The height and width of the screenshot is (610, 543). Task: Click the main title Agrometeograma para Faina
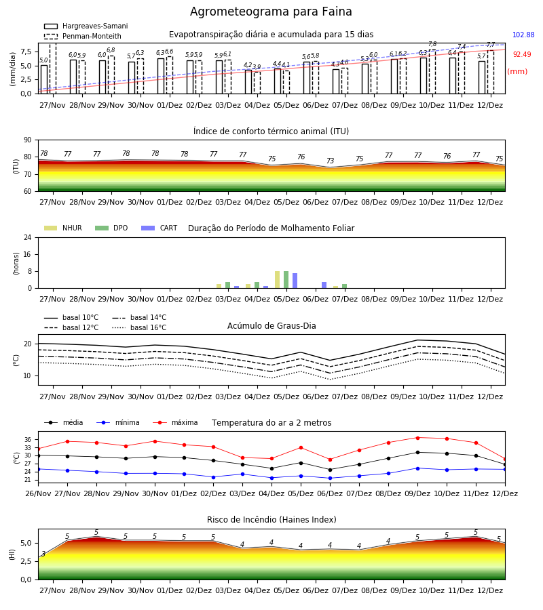click(x=271, y=12)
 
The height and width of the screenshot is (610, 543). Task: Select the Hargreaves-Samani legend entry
click(x=86, y=26)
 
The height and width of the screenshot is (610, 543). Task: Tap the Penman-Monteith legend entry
click(x=83, y=36)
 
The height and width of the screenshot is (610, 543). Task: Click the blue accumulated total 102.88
click(x=523, y=35)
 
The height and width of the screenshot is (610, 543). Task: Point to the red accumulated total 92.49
click(x=521, y=54)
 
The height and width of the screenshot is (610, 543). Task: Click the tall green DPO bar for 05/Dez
click(x=286, y=280)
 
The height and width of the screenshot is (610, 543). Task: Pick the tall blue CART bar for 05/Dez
click(x=295, y=281)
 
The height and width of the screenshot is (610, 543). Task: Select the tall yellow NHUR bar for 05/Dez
click(x=277, y=280)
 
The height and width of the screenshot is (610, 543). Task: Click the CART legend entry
click(x=160, y=228)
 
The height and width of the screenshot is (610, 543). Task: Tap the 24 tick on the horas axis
click(x=28, y=237)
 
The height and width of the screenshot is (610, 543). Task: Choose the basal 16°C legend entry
click(x=139, y=327)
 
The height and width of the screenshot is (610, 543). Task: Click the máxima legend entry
click(x=175, y=422)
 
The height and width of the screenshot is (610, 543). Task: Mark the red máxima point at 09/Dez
click(x=417, y=438)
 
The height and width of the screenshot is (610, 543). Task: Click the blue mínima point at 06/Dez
click(x=331, y=478)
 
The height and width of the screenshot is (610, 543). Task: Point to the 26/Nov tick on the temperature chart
click(x=38, y=493)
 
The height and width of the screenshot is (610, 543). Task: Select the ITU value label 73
click(x=331, y=161)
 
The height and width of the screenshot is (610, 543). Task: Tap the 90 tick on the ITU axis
click(x=28, y=140)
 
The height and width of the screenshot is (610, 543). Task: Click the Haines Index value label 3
click(x=43, y=554)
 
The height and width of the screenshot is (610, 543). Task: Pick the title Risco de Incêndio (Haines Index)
click(x=271, y=520)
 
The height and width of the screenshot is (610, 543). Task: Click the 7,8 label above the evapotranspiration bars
click(x=432, y=44)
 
